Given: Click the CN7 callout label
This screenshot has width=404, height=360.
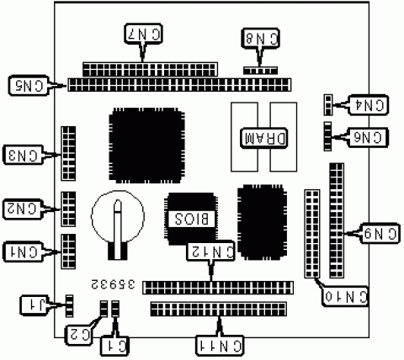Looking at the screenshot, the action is pos(143,34).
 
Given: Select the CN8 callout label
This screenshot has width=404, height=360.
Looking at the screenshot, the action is pos(261,38).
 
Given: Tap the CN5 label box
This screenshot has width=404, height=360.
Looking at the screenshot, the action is pos(29,86).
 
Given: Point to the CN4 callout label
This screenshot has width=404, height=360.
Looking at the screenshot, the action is pos(368,105).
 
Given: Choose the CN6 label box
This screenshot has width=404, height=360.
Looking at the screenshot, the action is pos(368,137).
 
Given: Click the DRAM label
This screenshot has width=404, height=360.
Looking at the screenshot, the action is pos(264,138).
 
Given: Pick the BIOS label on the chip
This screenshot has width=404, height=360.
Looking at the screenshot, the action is pos(192,219).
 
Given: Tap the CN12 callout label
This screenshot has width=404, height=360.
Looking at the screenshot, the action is pos(210,251).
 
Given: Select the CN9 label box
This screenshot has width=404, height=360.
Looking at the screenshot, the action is pos(380,234).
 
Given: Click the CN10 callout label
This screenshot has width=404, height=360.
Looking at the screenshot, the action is pos(345,296).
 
